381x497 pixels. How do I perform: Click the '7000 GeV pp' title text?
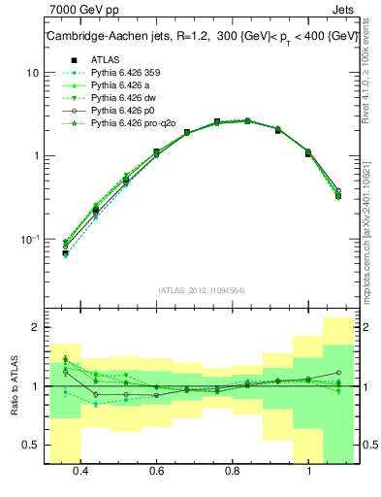82,9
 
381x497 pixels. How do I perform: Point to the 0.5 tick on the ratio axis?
31,446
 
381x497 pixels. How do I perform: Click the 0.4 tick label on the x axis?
79,472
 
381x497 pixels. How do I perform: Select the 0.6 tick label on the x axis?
156,472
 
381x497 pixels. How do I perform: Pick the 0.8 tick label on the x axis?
233,472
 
